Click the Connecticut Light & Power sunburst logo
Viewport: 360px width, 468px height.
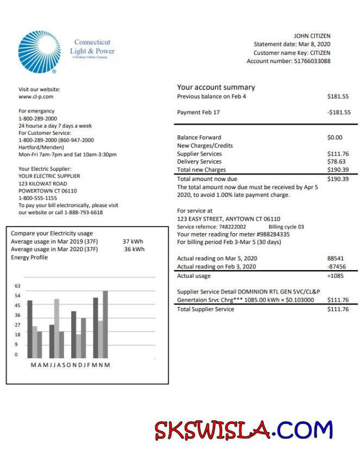pos(39,52)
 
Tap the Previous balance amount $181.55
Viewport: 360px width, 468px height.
pos(338,96)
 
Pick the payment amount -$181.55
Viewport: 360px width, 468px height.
pos(339,113)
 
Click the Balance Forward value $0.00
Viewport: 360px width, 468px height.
pos(335,138)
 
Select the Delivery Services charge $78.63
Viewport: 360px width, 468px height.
pos(336,161)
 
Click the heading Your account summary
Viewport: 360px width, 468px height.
pos(216,87)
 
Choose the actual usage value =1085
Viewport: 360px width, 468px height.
pos(336,276)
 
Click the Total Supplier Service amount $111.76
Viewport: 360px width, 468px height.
pos(338,309)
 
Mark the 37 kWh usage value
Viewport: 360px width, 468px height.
pos(133,241)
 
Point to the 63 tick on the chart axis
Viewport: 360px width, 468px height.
pos(17,286)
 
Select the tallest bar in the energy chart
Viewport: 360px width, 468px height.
pos(105,324)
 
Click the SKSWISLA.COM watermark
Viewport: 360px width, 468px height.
pos(243,430)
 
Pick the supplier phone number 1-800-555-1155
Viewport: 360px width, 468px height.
pos(37,198)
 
